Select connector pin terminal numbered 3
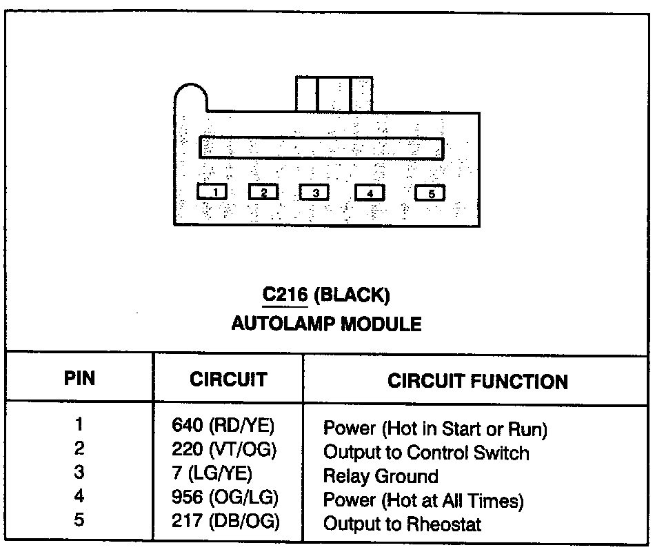click(x=315, y=193)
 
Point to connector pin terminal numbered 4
click(x=370, y=193)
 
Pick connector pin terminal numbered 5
click(x=431, y=193)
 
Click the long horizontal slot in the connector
click(x=321, y=148)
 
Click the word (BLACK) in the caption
click(x=352, y=296)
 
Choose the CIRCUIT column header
click(x=228, y=379)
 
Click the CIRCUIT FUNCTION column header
click(x=478, y=381)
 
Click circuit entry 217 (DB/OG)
click(x=225, y=522)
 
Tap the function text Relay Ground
click(x=381, y=476)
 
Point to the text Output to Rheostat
click(x=403, y=524)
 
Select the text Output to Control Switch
click(x=426, y=453)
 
